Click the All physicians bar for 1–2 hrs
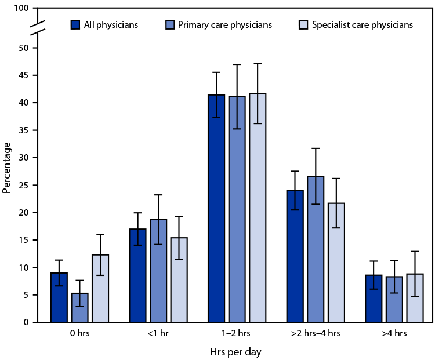click(216, 209)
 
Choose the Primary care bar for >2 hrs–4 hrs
click(316, 249)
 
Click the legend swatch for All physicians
click(75, 25)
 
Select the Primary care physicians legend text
click(226, 25)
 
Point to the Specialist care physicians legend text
click(362, 25)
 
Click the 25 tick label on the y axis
click(23, 186)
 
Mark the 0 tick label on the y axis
click(26, 322)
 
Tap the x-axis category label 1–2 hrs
click(237, 333)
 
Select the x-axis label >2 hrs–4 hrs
click(316, 333)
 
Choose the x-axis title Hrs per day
click(237, 351)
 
